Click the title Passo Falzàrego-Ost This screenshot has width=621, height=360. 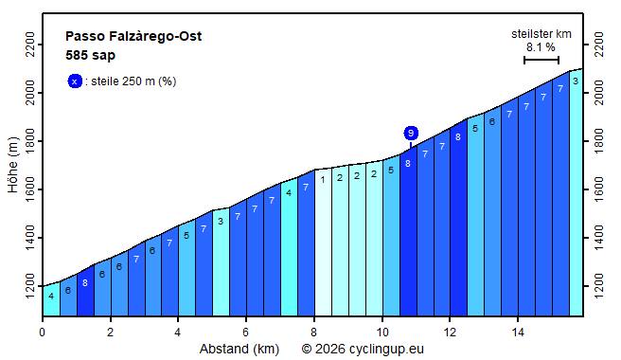(x=133, y=37)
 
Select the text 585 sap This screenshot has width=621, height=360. (x=90, y=55)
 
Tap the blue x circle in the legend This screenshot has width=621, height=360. (x=75, y=81)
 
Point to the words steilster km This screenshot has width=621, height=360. (x=541, y=33)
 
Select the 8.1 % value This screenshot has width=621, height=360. (x=541, y=46)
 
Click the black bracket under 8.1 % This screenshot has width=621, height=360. (x=541, y=60)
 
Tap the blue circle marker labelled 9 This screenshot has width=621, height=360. (x=411, y=133)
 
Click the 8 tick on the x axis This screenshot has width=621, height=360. (x=314, y=333)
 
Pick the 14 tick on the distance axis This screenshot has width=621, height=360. (x=518, y=333)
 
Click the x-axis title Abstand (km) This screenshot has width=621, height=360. (x=239, y=349)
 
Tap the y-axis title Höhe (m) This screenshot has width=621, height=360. (x=12, y=165)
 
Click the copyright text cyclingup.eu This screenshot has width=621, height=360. (x=363, y=349)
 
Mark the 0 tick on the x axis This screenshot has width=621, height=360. (x=42, y=333)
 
